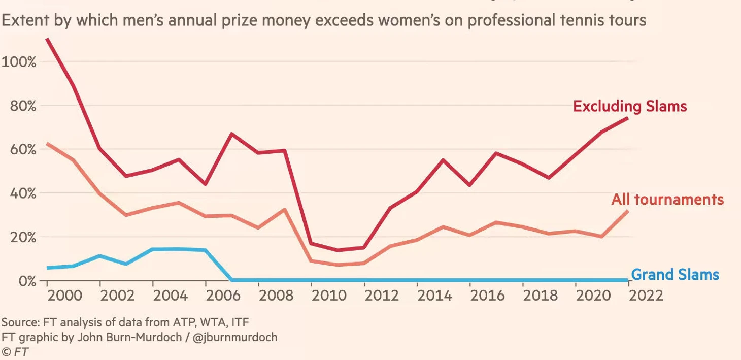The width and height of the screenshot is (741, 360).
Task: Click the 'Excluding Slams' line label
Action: [630, 106]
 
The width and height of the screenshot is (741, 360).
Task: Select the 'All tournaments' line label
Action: [667, 199]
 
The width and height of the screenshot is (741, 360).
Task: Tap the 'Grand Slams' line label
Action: [675, 275]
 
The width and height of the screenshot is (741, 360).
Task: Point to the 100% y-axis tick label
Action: [19, 62]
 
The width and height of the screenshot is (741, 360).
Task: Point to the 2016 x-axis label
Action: [488, 296]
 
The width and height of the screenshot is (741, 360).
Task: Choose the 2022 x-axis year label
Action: [645, 296]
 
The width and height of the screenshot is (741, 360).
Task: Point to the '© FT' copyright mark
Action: [15, 351]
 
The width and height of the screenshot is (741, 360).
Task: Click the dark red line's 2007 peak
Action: [232, 134]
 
